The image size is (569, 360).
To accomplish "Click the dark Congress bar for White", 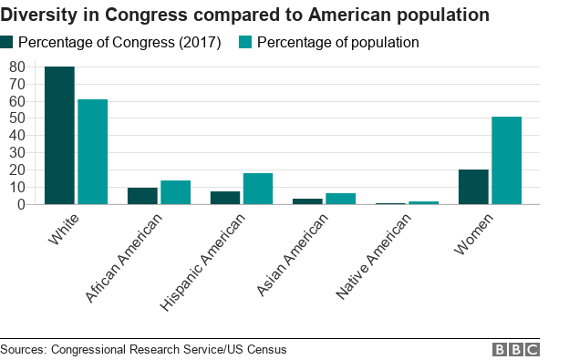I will (x=59, y=136).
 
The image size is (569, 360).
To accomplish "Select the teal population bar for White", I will (x=93, y=152).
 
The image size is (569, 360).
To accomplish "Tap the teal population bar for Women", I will (x=506, y=160).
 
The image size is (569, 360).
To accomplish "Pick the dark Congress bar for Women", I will (x=473, y=187).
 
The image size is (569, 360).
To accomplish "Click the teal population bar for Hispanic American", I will (x=258, y=189).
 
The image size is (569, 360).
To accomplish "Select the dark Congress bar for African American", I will (x=142, y=196).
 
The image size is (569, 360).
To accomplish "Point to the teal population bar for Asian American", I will (x=341, y=199).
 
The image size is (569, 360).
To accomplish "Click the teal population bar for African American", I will (x=175, y=192).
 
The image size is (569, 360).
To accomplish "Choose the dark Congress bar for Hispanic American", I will (x=225, y=198).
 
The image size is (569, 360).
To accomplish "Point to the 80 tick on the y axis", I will (x=16, y=67).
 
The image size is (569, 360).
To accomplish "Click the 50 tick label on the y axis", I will (x=16, y=118).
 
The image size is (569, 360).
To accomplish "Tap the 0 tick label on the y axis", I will (x=20, y=204).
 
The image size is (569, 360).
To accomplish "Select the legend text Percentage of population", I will (x=338, y=43).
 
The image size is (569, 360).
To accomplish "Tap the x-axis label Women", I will (x=473, y=233).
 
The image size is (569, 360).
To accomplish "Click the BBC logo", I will (x=516, y=349).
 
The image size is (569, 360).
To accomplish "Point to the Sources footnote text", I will (x=144, y=349).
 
